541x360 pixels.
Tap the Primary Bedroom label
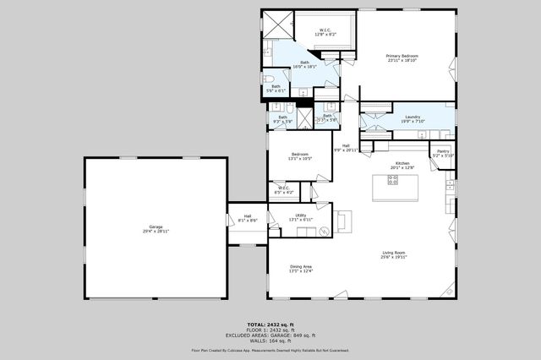[x=403, y=57]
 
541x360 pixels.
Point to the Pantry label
[x=443, y=153]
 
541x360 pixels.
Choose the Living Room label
[x=394, y=254]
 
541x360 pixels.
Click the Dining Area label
[x=301, y=269]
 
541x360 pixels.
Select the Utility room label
[x=301, y=217]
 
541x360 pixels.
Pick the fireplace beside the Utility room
[x=344, y=221]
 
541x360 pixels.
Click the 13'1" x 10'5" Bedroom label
[x=300, y=156]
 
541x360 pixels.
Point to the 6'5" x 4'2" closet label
[x=284, y=190]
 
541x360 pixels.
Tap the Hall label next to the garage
[x=248, y=218]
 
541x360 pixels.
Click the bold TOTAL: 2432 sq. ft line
[x=270, y=325]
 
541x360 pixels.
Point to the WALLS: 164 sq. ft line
[x=270, y=340]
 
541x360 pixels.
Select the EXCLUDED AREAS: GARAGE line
[x=270, y=335]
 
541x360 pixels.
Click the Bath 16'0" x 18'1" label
[x=304, y=64]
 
